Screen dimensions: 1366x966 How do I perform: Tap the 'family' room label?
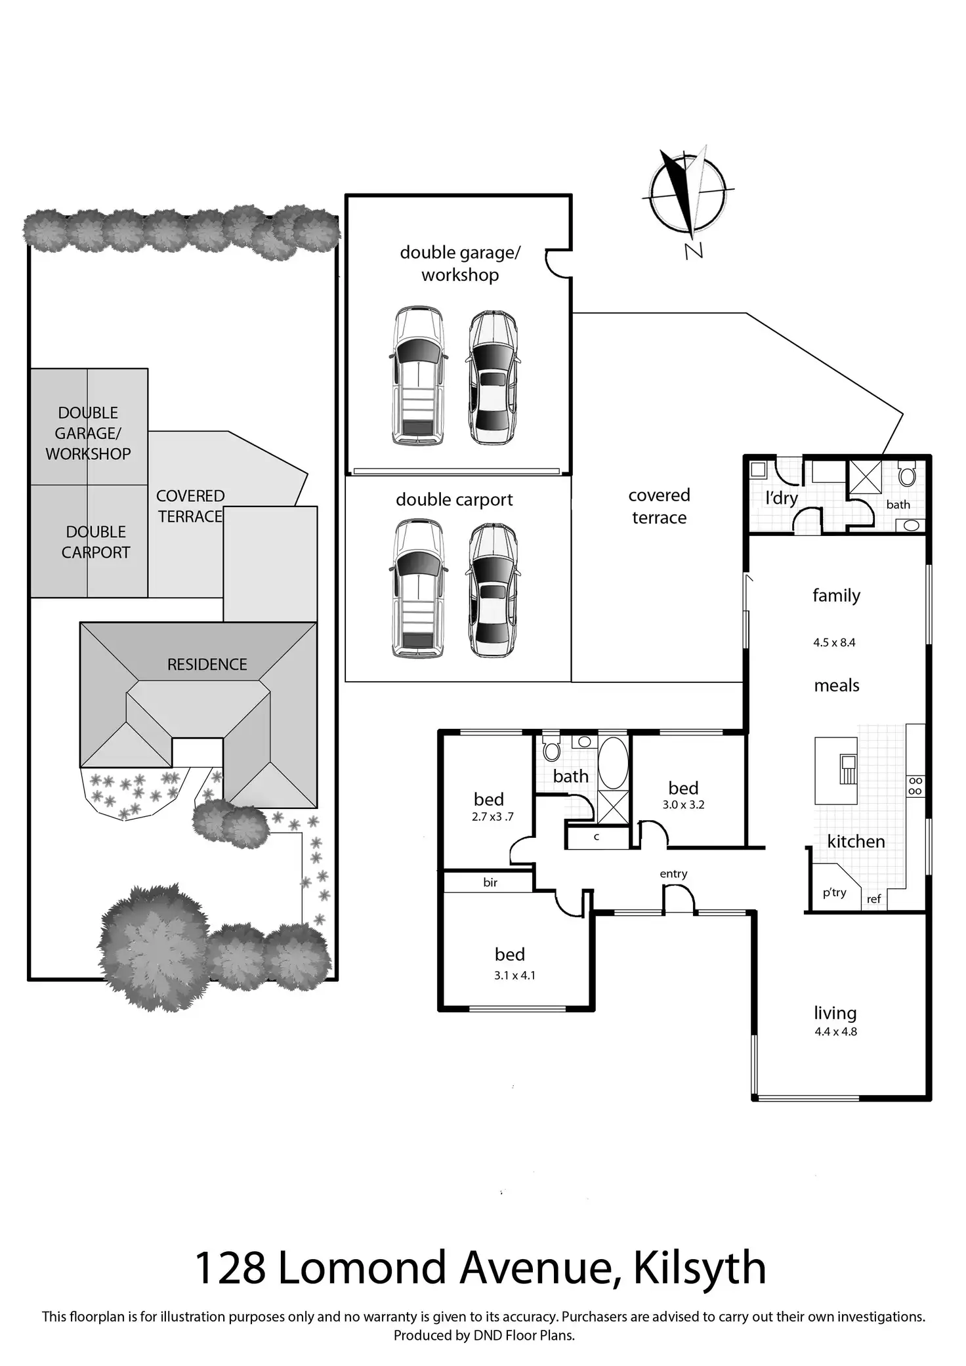point(836,596)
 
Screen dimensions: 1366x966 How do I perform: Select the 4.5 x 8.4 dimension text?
point(834,643)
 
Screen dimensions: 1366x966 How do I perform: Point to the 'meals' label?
point(837,686)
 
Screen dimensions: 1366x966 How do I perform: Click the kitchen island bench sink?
point(847,769)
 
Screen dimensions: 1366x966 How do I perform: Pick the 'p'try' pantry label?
point(834,892)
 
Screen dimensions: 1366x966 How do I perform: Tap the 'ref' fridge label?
point(873,900)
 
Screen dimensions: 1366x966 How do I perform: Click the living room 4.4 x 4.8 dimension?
point(835,1031)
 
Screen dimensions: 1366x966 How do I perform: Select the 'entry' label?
point(673,874)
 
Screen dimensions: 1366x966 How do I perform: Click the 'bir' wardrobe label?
point(490,882)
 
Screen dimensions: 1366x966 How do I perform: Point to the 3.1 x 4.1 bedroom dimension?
point(514,976)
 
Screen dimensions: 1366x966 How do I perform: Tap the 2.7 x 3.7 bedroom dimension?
point(492,817)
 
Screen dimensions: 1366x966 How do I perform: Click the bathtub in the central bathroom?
point(614,762)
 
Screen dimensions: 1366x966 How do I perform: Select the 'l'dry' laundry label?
point(782,499)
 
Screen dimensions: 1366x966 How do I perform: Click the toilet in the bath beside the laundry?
point(907,474)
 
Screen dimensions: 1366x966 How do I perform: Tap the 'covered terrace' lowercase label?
point(659,507)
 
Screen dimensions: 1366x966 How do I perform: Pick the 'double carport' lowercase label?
point(454,500)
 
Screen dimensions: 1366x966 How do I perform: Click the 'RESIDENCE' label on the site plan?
point(207,665)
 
